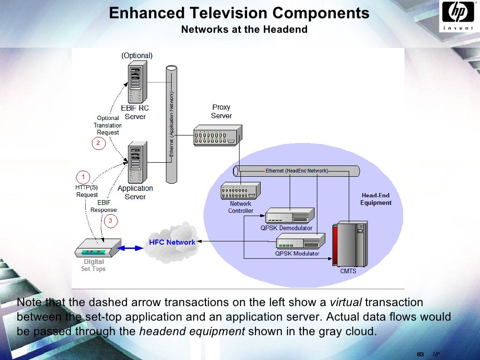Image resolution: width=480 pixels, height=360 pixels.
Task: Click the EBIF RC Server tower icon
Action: tap(135, 82)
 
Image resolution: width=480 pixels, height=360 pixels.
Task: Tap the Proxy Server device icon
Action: tap(218, 135)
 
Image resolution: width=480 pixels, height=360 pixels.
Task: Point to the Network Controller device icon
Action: tap(240, 190)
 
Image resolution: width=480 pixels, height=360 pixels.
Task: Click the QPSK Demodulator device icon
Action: tap(289, 216)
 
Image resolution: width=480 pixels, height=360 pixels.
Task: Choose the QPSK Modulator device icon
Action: tap(300, 241)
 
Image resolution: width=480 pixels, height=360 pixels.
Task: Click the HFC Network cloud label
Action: tap(172, 242)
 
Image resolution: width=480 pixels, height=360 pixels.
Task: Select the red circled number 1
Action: tap(83, 177)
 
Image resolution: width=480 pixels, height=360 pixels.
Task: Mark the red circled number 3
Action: tap(110, 220)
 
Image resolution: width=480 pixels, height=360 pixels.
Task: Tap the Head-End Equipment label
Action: tap(375, 199)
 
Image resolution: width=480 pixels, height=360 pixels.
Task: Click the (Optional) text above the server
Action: tap(137, 55)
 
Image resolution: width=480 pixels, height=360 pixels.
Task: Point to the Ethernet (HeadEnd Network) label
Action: tap(297, 171)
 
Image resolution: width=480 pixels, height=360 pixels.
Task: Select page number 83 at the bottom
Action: tap(420, 353)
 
